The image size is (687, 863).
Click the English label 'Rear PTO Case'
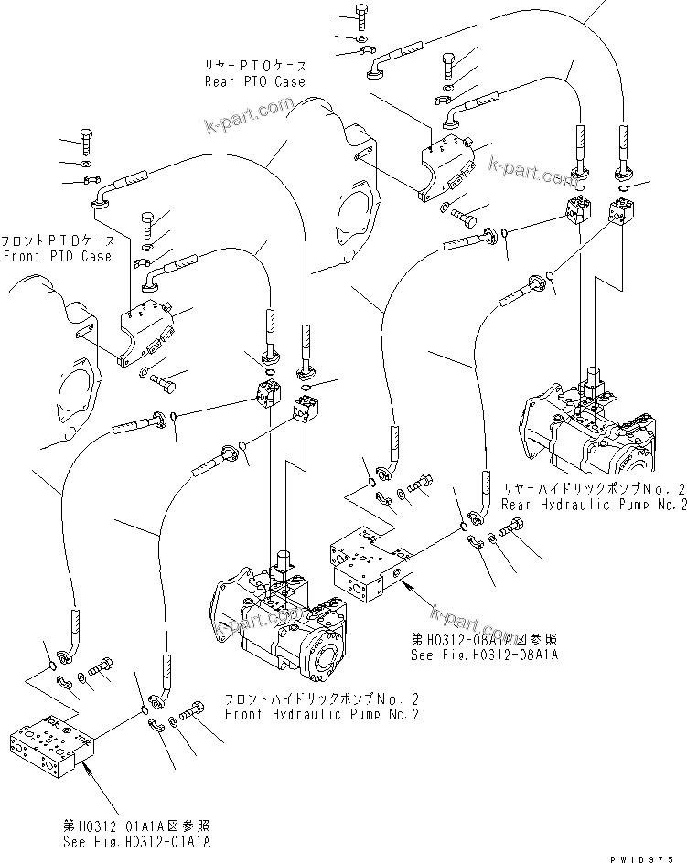tap(254, 81)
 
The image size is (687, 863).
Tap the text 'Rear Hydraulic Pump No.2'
tap(593, 504)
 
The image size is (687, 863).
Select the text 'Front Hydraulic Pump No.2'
tap(321, 714)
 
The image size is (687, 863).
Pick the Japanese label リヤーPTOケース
tap(254, 67)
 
